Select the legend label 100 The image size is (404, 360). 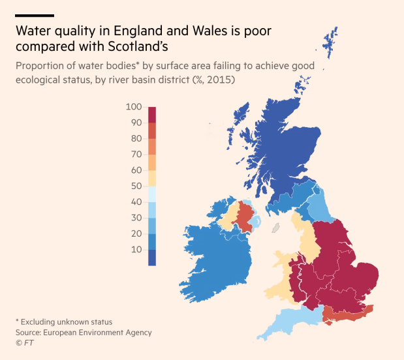(134, 106)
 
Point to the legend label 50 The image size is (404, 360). (136, 186)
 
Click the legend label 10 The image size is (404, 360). (136, 250)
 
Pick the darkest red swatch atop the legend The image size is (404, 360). (152, 115)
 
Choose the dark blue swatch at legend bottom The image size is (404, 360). (152, 258)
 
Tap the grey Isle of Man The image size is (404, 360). (275, 229)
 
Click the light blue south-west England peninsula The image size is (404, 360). (287, 323)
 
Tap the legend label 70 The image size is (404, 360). (136, 154)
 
